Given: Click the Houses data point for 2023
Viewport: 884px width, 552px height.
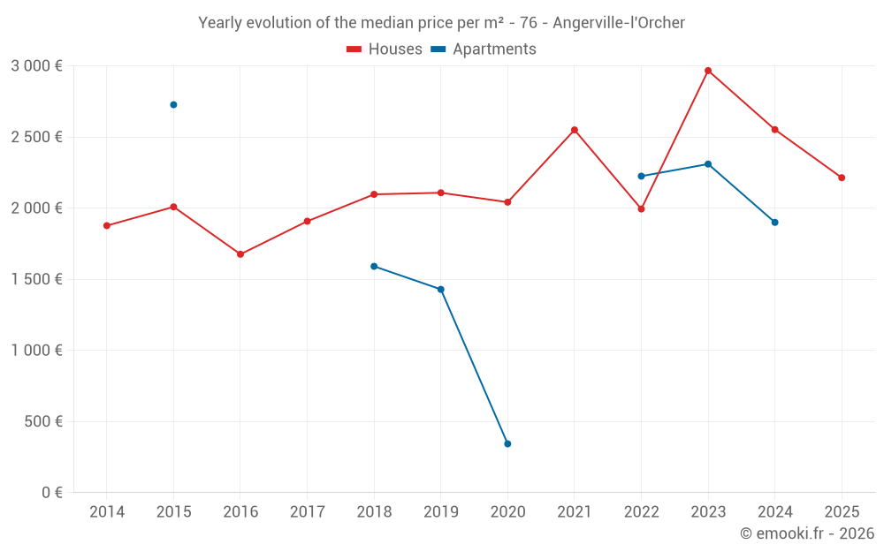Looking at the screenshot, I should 708,71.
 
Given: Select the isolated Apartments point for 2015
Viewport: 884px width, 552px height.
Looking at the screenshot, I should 173,105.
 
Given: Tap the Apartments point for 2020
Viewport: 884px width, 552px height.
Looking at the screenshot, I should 507,443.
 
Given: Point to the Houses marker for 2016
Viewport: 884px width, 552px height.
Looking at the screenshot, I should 240,254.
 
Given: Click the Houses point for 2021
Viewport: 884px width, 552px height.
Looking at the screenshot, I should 575,130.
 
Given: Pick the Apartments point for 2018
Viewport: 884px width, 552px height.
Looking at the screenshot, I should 374,266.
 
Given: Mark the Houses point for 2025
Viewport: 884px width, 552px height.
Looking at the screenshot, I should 842,178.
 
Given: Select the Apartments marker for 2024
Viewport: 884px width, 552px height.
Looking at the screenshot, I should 774,223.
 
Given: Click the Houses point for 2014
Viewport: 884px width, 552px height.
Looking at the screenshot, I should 107,226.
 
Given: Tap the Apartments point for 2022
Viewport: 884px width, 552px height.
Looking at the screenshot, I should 641,176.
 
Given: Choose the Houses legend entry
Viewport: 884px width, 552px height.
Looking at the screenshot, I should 385,49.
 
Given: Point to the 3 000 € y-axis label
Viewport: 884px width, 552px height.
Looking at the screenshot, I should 36,66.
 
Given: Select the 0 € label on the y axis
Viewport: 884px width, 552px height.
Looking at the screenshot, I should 50,493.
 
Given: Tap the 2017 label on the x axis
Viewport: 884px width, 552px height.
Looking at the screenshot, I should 307,512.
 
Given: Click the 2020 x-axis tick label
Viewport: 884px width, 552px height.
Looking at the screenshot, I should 507,512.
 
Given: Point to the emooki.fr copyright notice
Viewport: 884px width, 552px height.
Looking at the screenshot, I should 806,533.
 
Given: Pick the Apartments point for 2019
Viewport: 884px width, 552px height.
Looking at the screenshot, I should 441,290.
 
